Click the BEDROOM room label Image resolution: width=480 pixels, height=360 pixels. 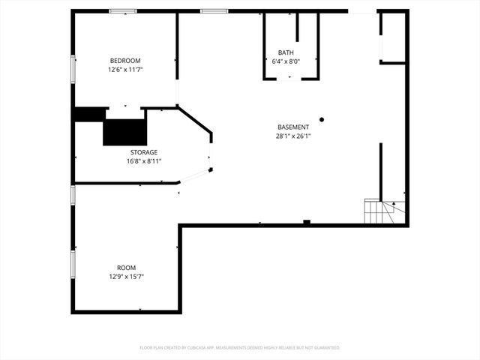(125, 61)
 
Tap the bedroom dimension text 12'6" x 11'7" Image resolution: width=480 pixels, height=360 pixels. (125, 69)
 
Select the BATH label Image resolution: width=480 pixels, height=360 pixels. (286, 52)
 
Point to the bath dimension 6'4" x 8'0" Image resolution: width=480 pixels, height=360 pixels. (286, 61)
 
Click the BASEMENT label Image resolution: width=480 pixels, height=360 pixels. (292, 127)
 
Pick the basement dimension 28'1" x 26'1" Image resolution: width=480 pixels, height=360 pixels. (292, 136)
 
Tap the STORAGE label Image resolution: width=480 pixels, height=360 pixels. (144, 152)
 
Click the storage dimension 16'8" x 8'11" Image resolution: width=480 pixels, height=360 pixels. (144, 160)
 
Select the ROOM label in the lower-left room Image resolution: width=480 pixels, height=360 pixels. (126, 268)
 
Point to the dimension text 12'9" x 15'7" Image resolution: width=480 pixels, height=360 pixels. (126, 277)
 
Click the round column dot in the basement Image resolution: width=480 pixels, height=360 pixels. (322, 119)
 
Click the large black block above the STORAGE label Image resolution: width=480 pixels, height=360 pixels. (124, 132)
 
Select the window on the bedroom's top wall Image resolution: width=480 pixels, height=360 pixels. (123, 11)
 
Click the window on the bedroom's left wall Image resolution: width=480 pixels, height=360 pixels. (73, 68)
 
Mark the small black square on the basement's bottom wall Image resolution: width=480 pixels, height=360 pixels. (306, 222)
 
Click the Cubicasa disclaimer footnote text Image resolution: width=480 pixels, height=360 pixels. (240, 348)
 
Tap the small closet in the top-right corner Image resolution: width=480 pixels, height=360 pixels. (392, 37)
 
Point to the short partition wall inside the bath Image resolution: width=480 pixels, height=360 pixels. (297, 27)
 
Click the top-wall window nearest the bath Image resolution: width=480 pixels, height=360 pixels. (214, 11)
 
